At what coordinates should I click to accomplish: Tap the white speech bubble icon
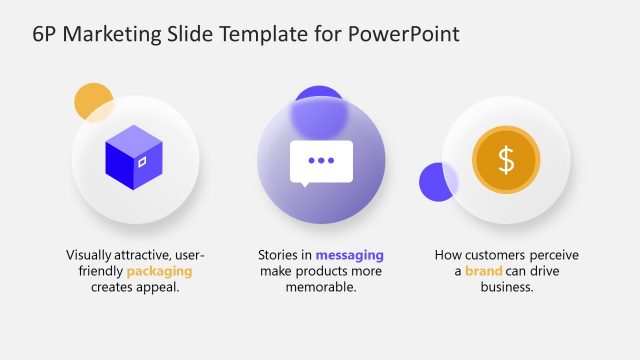[x=321, y=163]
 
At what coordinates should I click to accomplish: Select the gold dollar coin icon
[x=506, y=160]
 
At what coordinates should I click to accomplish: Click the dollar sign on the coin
[x=506, y=160]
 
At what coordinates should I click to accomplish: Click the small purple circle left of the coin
[x=437, y=182]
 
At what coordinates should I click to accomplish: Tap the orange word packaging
[x=159, y=271]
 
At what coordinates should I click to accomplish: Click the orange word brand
[x=484, y=271]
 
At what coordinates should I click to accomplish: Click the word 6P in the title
[x=46, y=35]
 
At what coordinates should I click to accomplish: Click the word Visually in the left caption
[x=90, y=255]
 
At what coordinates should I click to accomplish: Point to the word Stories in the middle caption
[x=278, y=255]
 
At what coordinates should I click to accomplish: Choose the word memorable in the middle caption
[x=321, y=287]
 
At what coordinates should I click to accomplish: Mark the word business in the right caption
[x=506, y=287]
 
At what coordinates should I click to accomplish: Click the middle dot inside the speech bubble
[x=321, y=160]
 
